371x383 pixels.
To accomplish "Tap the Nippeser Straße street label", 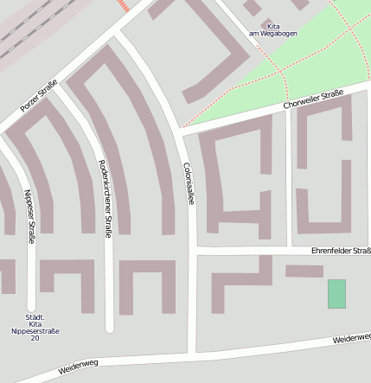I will click(29, 216).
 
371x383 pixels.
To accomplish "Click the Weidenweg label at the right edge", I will click(350, 339).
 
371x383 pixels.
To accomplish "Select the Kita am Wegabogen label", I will click(267, 29).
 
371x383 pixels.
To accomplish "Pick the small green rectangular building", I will click(336, 293).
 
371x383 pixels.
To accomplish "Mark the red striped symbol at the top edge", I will click(124, 5).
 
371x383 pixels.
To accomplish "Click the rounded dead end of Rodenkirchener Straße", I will click(109, 327).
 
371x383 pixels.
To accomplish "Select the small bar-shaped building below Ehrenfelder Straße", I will click(304, 271).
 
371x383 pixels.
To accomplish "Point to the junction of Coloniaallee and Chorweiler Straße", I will click(181, 130).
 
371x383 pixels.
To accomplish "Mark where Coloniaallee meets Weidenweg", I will click(191, 353).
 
